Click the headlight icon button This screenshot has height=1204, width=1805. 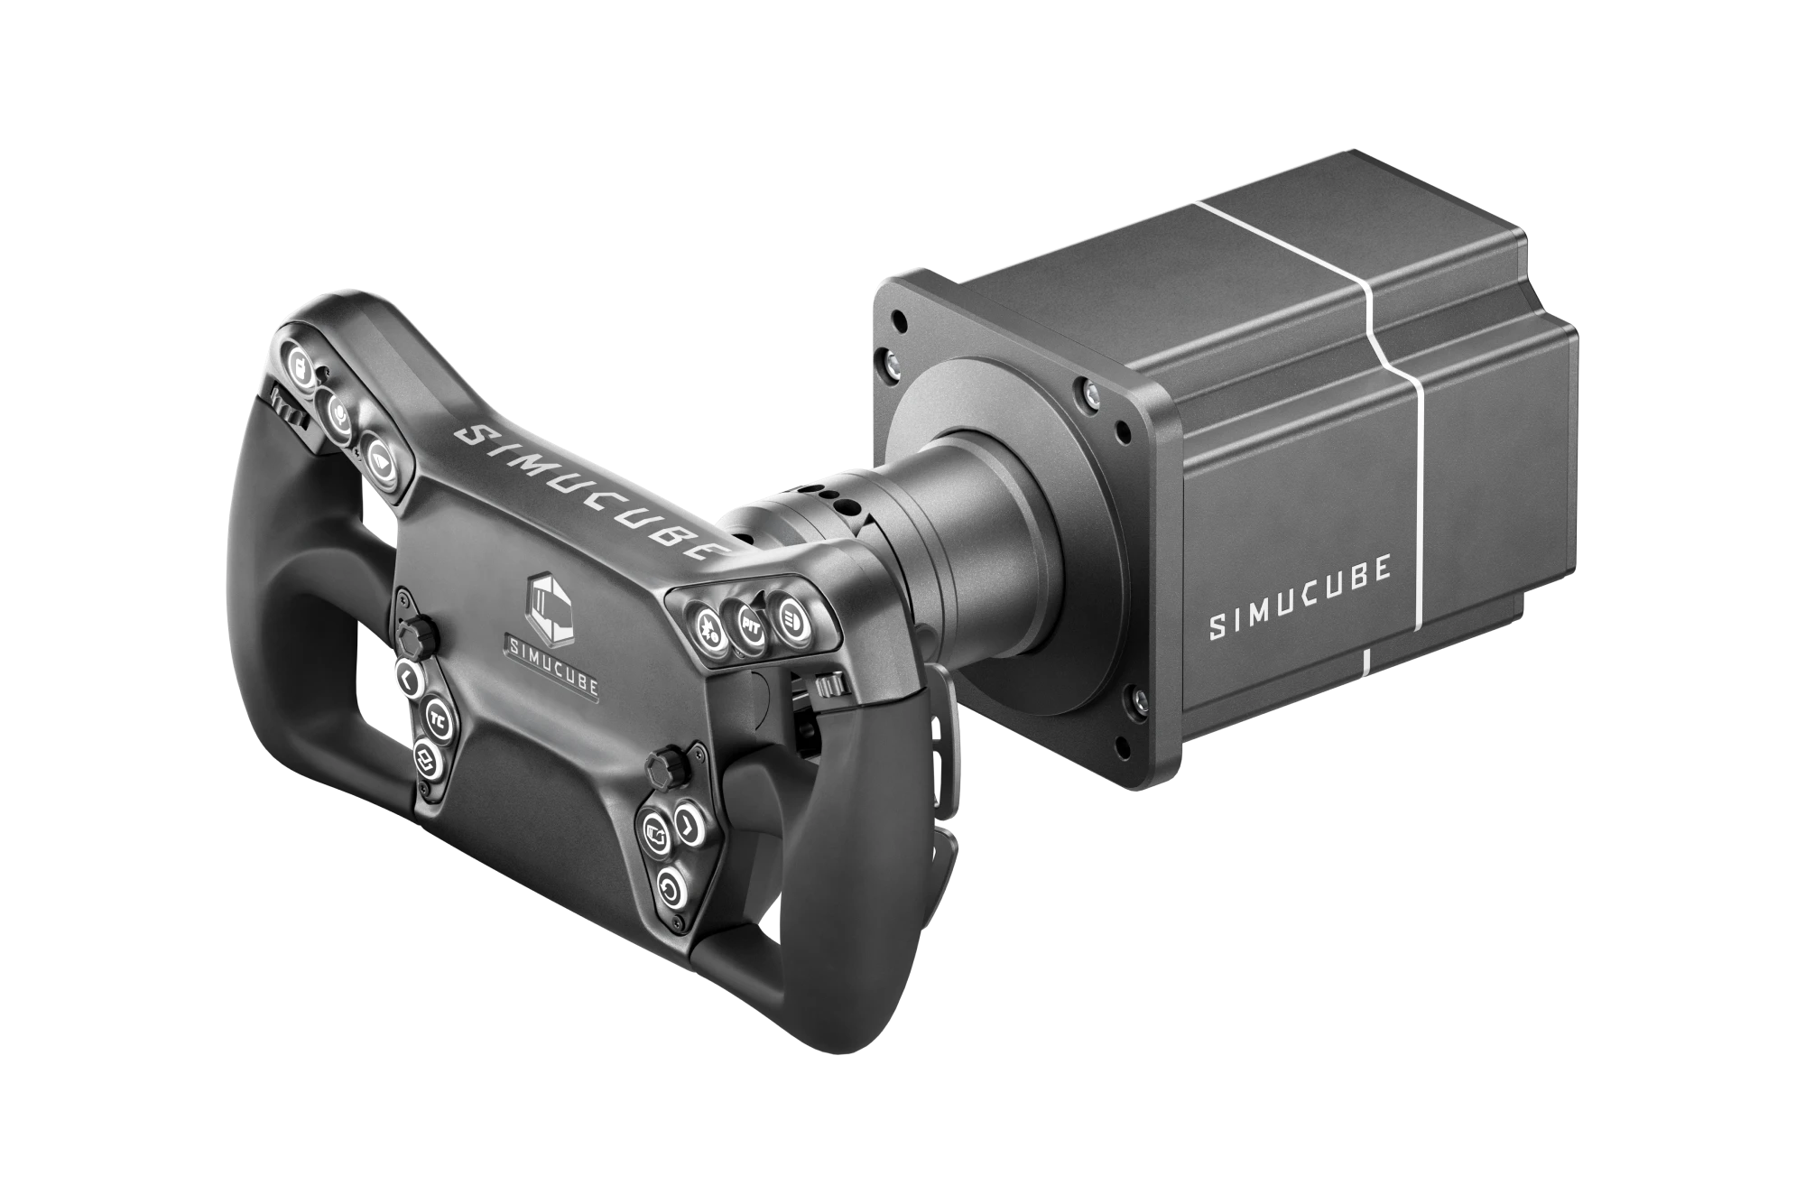click(x=791, y=622)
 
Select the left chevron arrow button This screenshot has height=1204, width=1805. click(x=407, y=680)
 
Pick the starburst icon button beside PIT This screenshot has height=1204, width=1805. click(x=708, y=625)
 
